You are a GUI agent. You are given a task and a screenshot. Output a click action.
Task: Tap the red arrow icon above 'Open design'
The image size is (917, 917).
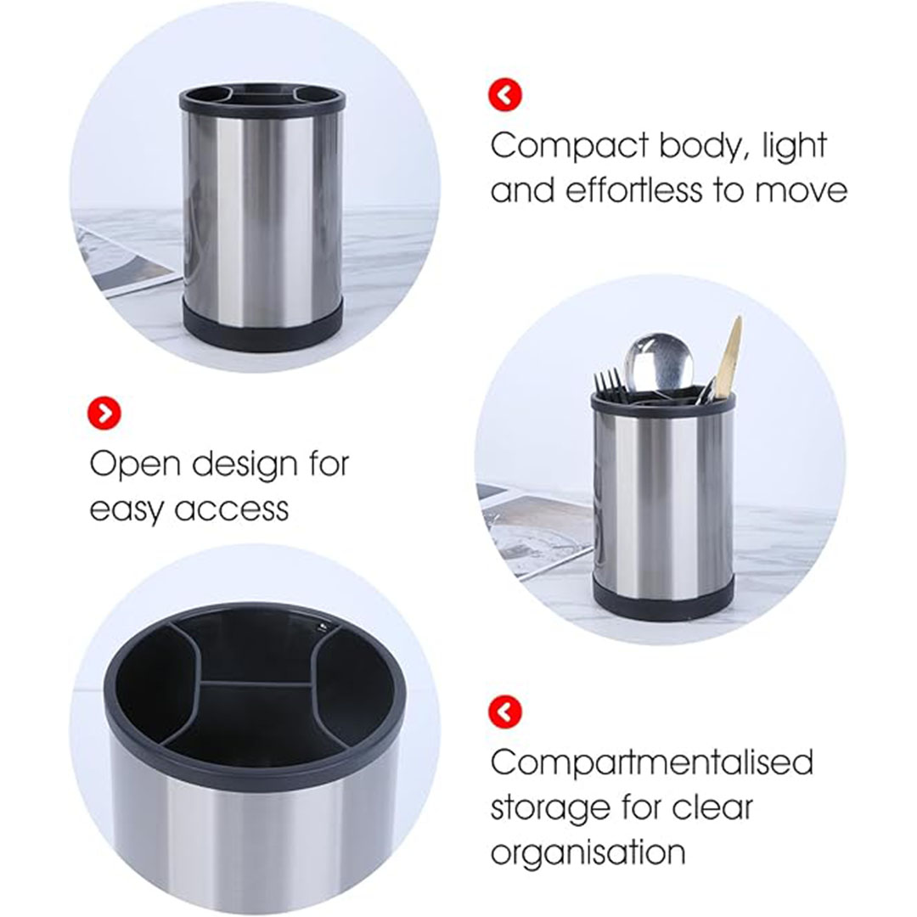(x=104, y=413)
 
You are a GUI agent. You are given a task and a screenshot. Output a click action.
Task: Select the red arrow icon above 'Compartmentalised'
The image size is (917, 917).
(x=504, y=712)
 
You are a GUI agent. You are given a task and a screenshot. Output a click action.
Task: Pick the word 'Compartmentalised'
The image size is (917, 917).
(x=651, y=764)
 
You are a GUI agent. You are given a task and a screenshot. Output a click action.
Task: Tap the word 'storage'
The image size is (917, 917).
(x=549, y=809)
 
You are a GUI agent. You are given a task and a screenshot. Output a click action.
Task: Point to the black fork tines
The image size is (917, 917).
(x=608, y=382)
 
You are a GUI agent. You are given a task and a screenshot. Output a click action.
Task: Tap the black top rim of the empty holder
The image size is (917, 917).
(x=262, y=99)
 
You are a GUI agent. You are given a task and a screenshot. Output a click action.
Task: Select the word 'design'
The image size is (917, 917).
(x=245, y=465)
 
